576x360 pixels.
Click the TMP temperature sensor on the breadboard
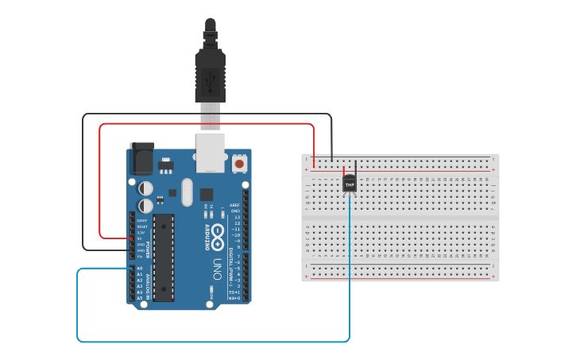349,184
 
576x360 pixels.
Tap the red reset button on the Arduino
239,164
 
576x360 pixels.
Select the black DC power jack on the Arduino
142,159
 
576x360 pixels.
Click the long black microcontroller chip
164,257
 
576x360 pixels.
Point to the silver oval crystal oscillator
187,192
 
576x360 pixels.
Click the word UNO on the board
217,269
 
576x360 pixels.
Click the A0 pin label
140,269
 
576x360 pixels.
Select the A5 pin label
140,298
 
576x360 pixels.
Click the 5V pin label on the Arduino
140,238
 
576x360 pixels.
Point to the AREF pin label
234,205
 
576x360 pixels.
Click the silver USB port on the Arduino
211,153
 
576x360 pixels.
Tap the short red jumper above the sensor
343,170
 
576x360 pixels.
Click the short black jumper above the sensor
355,168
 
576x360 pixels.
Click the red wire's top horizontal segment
207,124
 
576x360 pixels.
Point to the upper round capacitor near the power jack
146,188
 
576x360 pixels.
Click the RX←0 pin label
234,298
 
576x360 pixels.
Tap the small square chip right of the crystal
207,194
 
